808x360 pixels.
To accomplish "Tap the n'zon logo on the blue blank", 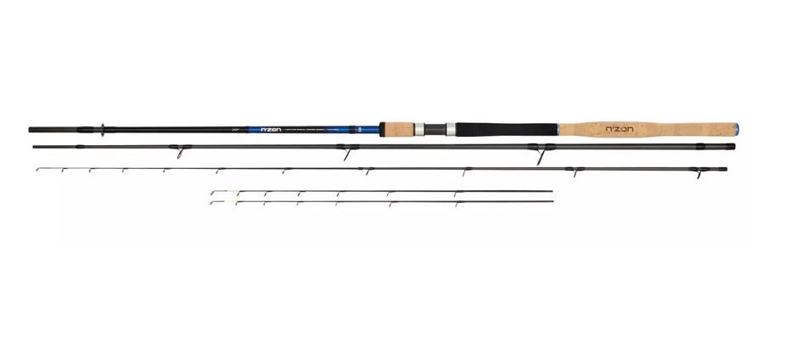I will point(270,130).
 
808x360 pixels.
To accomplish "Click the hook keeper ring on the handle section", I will point(103,130).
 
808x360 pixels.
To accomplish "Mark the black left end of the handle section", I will point(34,130).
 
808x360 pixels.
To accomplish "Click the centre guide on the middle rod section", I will point(345,154).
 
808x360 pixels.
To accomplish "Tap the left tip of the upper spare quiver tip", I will point(212,193).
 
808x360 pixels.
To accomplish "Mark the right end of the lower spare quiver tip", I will point(552,200).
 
